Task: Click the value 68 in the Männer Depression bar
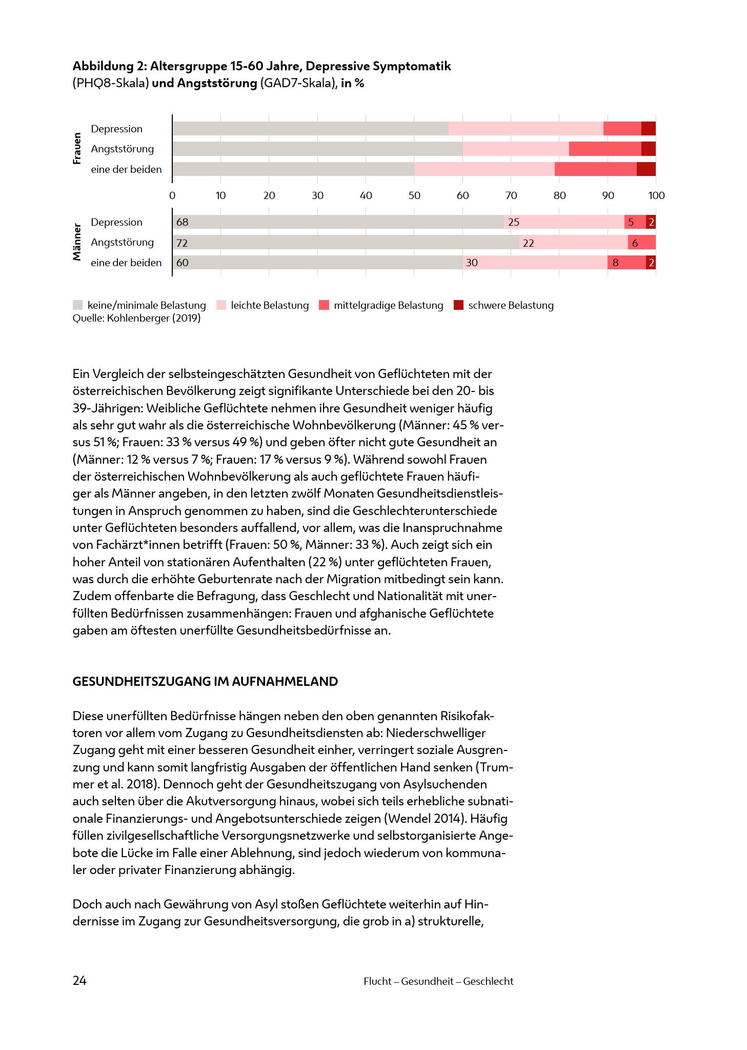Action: click(182, 222)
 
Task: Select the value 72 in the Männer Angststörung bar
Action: click(182, 243)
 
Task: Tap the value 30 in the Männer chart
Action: click(472, 263)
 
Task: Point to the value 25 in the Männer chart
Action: click(513, 222)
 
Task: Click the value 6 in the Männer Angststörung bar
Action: click(635, 243)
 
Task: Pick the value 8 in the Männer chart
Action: click(615, 263)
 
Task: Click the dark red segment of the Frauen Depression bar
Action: click(648, 129)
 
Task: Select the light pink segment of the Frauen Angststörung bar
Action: click(515, 149)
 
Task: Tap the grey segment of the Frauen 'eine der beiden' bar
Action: click(293, 169)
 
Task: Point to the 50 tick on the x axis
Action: click(414, 195)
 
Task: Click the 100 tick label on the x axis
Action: click(656, 195)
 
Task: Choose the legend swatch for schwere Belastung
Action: click(458, 305)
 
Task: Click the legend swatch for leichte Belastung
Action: click(221, 305)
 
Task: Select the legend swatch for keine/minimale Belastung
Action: click(77, 305)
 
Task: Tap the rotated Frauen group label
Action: click(77, 149)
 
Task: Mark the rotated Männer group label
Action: click(77, 242)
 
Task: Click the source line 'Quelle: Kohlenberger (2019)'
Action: click(136, 319)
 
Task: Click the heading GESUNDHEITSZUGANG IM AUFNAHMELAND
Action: click(205, 682)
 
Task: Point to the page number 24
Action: click(79, 981)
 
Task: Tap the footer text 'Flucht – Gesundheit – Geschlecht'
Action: click(438, 981)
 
